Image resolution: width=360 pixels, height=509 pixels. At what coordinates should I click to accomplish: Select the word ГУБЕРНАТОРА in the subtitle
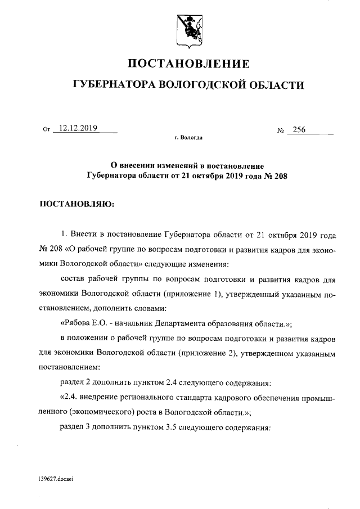115,85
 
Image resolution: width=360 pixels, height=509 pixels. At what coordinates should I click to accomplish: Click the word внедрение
104,399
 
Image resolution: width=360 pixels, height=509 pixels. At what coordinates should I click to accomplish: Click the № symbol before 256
281,130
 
